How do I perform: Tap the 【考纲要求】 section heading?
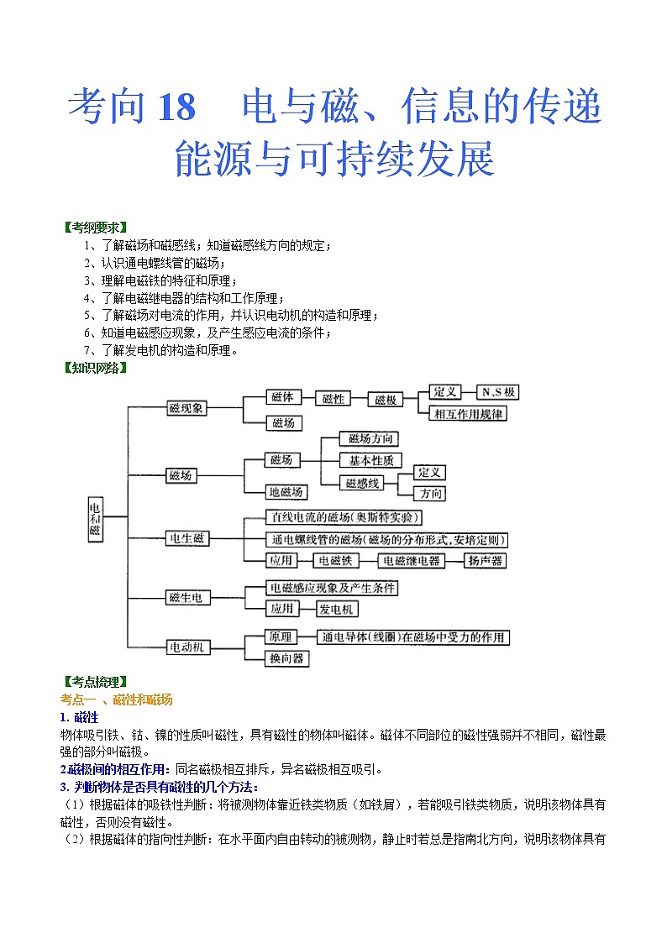pos(95,228)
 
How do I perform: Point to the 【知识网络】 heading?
pos(95,367)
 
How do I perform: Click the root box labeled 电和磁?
pos(95,518)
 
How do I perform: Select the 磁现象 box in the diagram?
pos(186,408)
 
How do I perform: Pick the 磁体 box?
pos(283,398)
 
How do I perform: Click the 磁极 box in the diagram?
pos(386,400)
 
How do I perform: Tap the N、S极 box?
pos(498,393)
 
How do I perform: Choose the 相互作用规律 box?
pos(468,413)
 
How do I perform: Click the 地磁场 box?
pos(286,492)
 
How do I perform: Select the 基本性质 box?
pos(370,460)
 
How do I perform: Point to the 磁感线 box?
pos(364,483)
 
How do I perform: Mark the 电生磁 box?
pos(186,539)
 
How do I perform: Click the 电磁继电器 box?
pos(411,561)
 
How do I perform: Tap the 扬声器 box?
pos(485,561)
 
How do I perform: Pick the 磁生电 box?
pos(186,598)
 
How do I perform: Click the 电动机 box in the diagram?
pos(186,647)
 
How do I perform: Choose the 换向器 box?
pos(286,658)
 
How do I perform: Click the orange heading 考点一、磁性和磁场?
pos(117,700)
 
